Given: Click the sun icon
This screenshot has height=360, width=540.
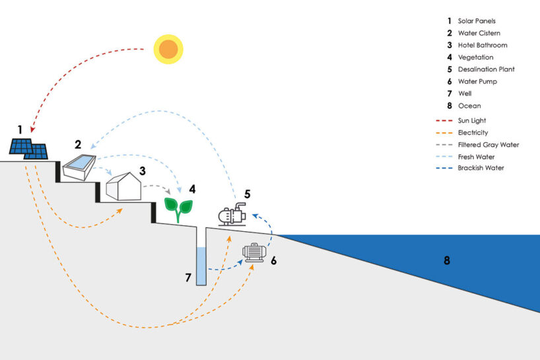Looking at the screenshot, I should [168, 49].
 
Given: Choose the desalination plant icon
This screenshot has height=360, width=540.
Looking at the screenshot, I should [232, 215].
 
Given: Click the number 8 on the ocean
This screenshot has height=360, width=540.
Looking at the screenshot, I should [447, 260].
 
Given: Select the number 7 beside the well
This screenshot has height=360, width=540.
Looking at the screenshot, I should [187, 278].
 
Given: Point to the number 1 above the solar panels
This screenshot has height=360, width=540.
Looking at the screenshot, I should [20, 129].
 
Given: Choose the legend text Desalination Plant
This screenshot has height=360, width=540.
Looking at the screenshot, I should [486, 69].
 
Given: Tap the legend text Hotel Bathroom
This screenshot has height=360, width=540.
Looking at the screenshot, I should [482, 46].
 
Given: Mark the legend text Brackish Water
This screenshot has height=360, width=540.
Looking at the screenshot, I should [481, 168].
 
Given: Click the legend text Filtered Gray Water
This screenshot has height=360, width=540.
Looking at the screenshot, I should [489, 145].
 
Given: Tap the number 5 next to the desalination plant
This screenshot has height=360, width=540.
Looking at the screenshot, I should [247, 194].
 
